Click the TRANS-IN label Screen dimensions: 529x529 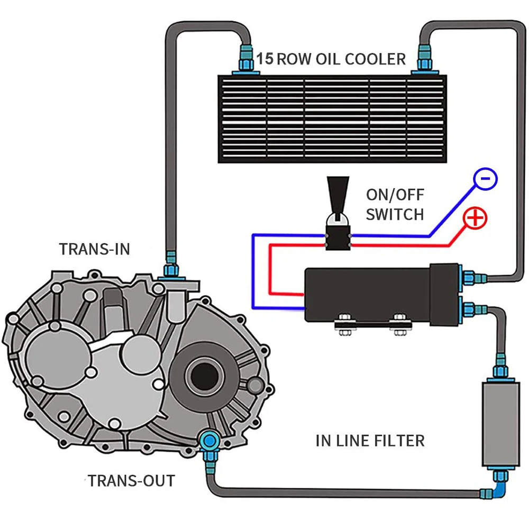coord(94,249)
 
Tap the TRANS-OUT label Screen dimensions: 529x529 coord(131,481)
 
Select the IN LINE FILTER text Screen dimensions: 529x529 coord(370,440)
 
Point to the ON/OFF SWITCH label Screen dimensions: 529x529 coord(395,205)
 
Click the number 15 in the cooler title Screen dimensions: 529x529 coord(266,58)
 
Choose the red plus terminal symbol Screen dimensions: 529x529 coord(476,217)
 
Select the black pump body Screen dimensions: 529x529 coord(370,294)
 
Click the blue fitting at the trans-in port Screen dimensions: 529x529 coord(170,264)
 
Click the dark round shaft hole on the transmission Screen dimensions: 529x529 coord(204,376)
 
